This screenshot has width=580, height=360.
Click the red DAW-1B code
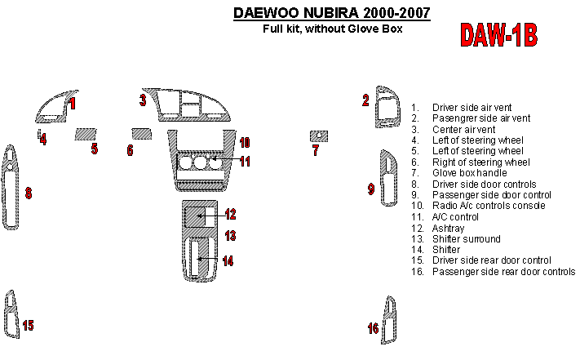pyautogui.click(x=498, y=35)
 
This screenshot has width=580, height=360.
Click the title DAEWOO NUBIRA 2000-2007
pyautogui.click(x=332, y=13)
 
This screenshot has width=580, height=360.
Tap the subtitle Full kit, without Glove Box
pyautogui.click(x=332, y=28)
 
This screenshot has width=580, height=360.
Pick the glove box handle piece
pyautogui.click(x=318, y=136)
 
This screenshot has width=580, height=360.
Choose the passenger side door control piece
pyautogui.click(x=385, y=189)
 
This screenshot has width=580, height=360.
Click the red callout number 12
pyautogui.click(x=231, y=215)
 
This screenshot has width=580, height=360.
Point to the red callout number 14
pyautogui.click(x=228, y=261)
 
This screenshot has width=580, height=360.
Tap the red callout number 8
pyautogui.click(x=29, y=193)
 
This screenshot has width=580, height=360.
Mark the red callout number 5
pyautogui.click(x=95, y=149)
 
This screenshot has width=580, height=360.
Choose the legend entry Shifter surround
pyautogui.click(x=467, y=239)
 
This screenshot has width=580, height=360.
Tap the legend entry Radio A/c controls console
pyautogui.click(x=489, y=206)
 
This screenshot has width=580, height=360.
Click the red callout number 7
pyautogui.click(x=316, y=150)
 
